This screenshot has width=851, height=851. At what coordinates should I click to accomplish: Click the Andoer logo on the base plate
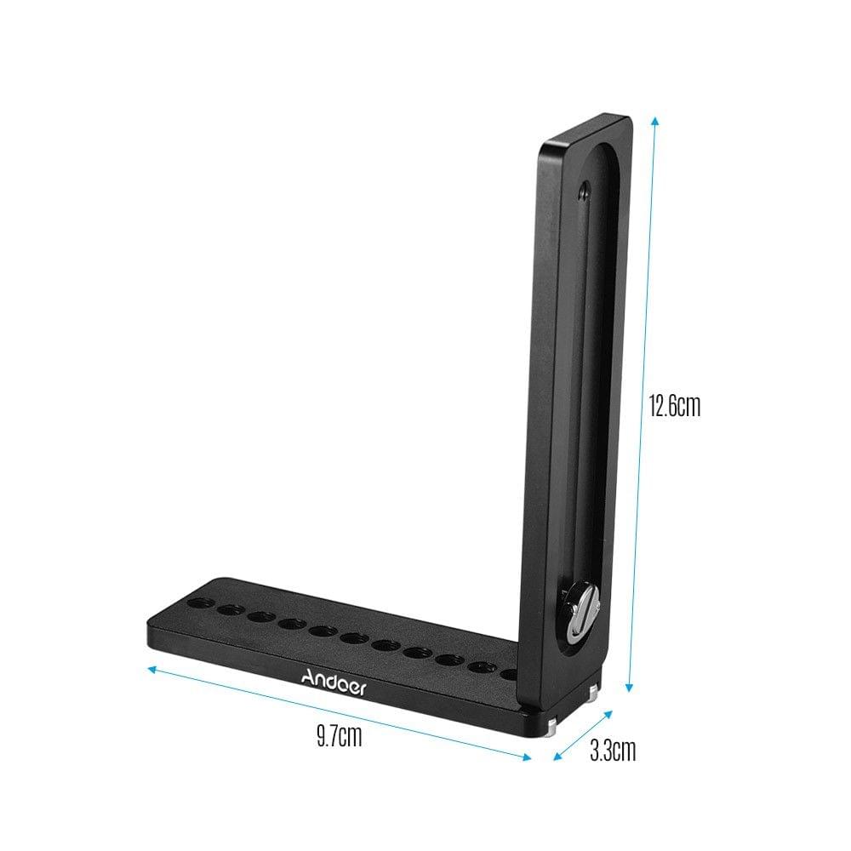click(x=334, y=682)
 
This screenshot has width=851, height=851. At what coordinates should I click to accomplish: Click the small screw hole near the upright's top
click(x=582, y=191)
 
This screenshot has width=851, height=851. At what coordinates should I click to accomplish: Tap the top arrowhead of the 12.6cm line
click(x=654, y=120)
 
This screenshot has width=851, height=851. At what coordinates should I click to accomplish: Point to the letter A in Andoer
click(x=308, y=678)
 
